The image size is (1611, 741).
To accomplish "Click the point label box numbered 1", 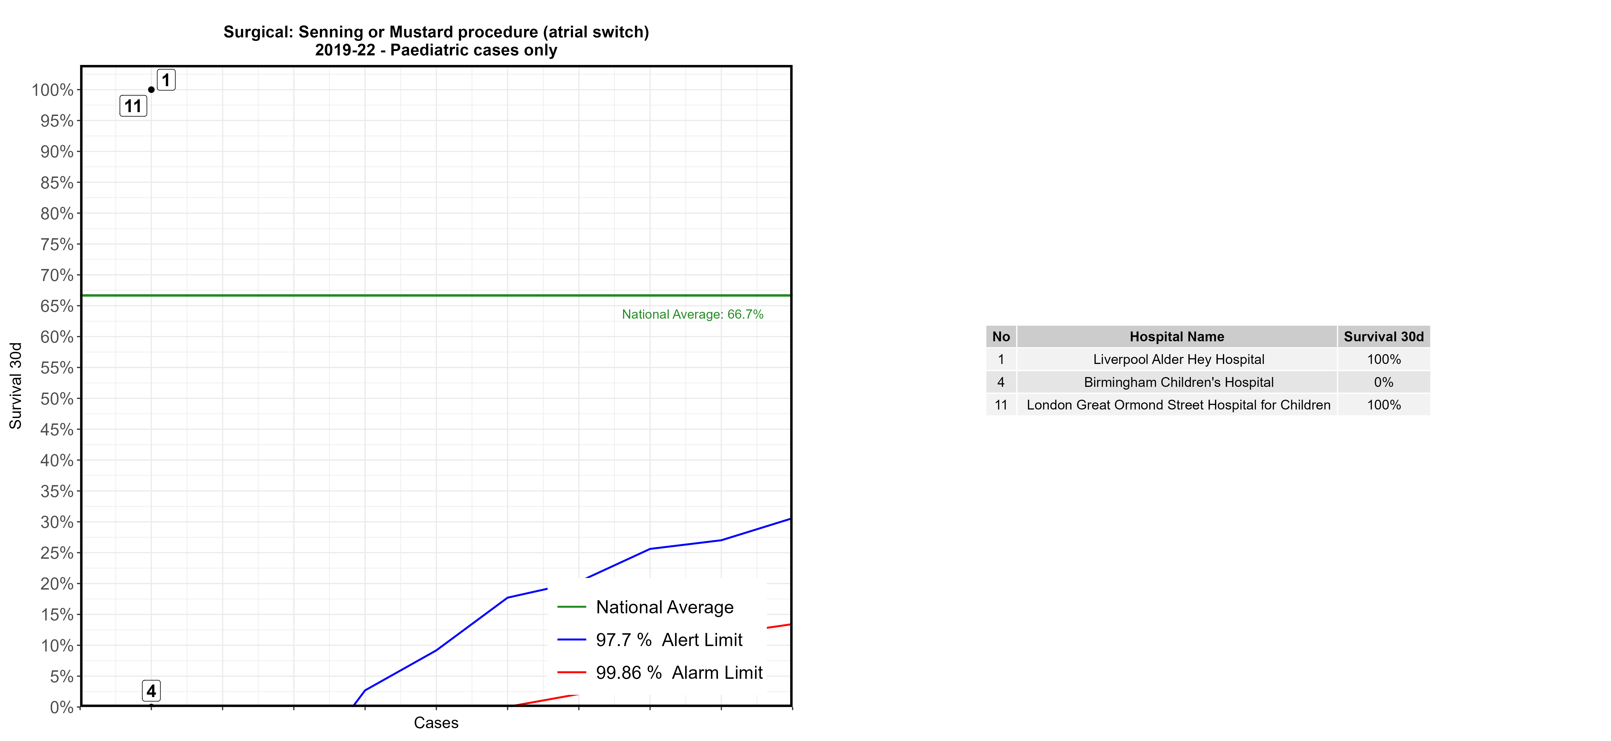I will click(x=166, y=80).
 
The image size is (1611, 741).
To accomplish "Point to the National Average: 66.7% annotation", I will click(x=692, y=315).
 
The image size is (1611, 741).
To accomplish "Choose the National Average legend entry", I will click(x=664, y=607).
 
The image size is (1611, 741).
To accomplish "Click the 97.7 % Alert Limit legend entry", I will click(x=668, y=640).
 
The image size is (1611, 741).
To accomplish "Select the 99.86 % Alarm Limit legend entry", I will click(x=679, y=673).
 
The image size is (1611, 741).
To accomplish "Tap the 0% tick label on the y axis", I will click(x=61, y=707).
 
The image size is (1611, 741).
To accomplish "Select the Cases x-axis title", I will click(x=436, y=723).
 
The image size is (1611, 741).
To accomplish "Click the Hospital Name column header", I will click(x=1176, y=336).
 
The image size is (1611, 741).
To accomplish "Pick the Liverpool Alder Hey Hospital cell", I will click(x=1178, y=360).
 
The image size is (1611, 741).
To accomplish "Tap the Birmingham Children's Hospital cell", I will click(x=1178, y=382).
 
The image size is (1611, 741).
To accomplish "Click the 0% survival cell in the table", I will click(x=1383, y=382).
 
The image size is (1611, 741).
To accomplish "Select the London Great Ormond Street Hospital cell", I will click(x=1178, y=405).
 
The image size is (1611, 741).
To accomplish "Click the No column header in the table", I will click(x=1001, y=336).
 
